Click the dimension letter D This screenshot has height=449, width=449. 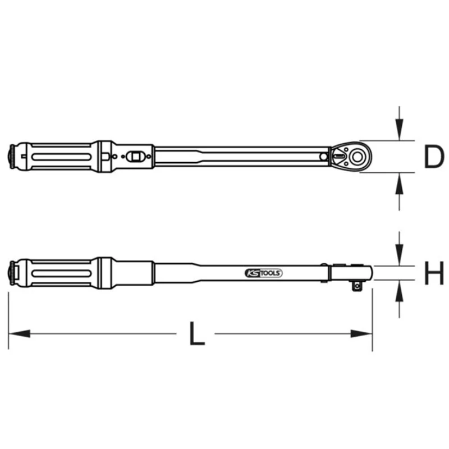tap(433, 157)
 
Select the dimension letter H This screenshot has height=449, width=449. tap(434, 273)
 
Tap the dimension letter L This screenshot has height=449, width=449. tap(197, 333)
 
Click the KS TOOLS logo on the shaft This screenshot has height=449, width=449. tap(263, 273)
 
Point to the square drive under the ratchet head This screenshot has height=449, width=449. tap(357, 286)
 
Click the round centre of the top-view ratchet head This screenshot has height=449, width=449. tap(357, 157)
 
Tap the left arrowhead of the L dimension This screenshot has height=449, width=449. tap(20, 333)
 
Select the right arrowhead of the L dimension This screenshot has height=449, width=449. tap(361, 333)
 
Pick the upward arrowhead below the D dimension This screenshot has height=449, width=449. tap(399, 184)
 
